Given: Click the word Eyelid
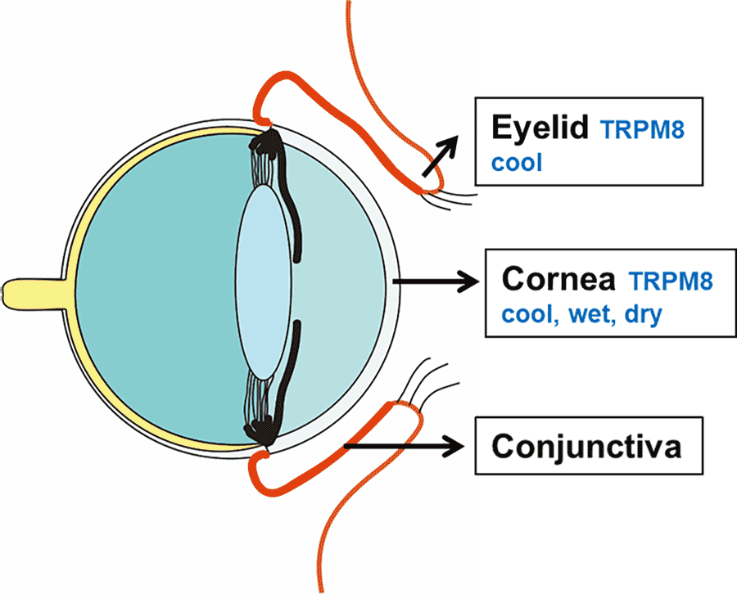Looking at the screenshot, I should (x=541, y=128).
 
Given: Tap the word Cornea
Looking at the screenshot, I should (x=558, y=279).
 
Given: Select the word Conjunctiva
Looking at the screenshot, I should (x=586, y=447).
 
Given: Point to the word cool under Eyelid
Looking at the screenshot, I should (x=517, y=162).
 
